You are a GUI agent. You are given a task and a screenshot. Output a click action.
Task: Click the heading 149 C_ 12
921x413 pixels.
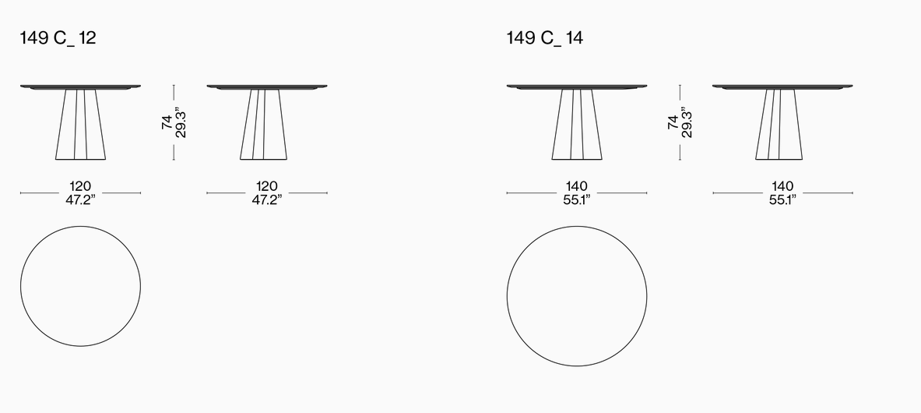[58, 38]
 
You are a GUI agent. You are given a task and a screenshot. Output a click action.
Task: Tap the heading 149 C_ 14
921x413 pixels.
[544, 38]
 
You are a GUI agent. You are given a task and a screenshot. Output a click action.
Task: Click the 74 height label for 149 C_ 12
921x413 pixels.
[167, 122]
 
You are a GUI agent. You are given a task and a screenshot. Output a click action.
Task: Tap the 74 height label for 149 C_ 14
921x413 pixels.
[673, 122]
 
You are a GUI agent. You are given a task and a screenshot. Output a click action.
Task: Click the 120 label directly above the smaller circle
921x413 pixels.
[80, 187]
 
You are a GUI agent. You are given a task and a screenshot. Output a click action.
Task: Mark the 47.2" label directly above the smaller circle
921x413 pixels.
[80, 200]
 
